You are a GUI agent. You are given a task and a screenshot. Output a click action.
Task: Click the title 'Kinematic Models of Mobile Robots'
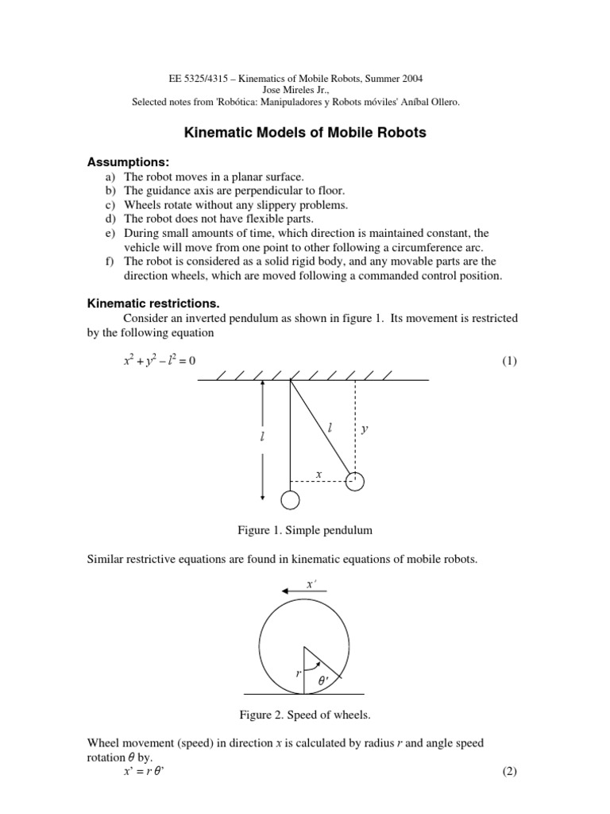click(x=305, y=134)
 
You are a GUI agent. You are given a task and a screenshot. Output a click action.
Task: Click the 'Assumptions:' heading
click(x=128, y=162)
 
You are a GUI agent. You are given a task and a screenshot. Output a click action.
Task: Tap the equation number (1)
click(x=509, y=361)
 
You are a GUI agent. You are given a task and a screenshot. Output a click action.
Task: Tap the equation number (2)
click(x=509, y=772)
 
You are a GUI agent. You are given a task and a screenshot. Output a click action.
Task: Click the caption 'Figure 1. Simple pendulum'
click(x=305, y=529)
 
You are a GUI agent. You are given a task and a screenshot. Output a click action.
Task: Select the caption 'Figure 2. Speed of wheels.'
click(x=305, y=715)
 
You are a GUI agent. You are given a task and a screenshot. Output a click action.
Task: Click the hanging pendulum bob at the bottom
click(x=291, y=499)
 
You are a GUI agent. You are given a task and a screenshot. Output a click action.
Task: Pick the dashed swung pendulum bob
click(x=354, y=481)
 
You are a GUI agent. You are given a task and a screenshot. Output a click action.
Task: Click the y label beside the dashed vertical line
click(x=365, y=429)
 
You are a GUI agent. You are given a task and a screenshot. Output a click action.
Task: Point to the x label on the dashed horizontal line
click(x=319, y=474)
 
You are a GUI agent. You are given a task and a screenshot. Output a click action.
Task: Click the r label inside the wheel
click(x=298, y=673)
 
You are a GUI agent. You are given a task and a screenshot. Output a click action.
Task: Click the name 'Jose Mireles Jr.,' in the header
click(x=305, y=90)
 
